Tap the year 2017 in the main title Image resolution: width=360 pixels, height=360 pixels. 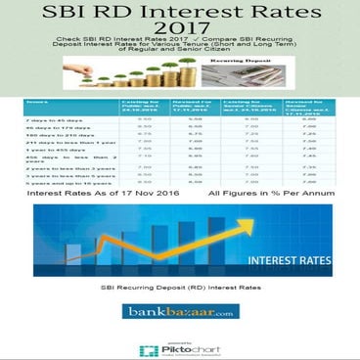click(180, 40)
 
